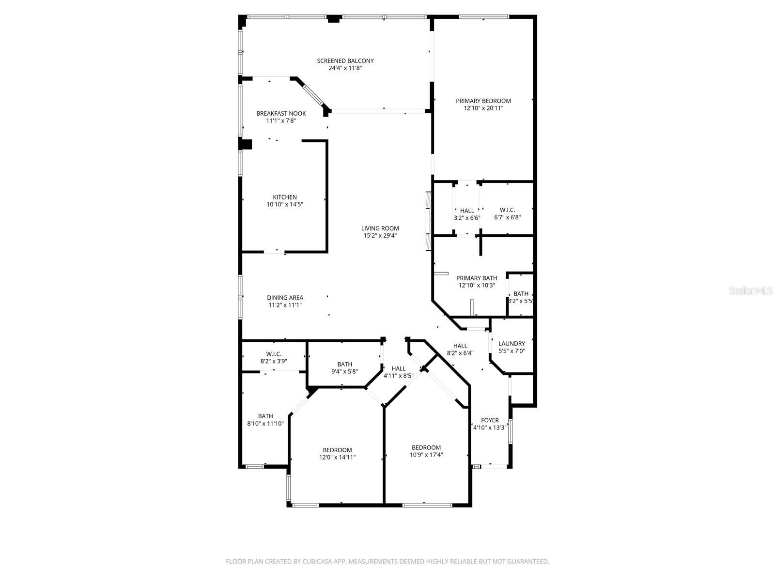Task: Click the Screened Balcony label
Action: pos(345,61)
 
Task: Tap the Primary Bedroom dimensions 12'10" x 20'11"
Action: pos(483,108)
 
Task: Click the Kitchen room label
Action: pos(285,197)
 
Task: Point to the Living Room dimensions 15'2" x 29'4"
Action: pos(380,236)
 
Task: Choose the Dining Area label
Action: pos(285,298)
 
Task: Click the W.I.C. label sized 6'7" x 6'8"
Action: pos(507,210)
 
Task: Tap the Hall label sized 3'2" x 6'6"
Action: pos(467,211)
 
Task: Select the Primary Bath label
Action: pos(477,278)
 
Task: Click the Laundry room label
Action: pos(511,344)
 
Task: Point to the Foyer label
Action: pos(490,420)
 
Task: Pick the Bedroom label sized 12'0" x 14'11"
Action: pos(337,450)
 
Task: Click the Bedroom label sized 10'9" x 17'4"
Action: pos(426,447)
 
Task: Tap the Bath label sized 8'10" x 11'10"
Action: pos(265,416)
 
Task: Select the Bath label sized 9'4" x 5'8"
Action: pos(345,364)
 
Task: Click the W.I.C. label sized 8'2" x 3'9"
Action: pos(274,354)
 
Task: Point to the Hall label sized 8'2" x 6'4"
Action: pos(460,346)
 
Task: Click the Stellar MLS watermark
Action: pos(751,291)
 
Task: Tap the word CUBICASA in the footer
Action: pos(315,562)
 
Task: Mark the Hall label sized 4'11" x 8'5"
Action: pos(399,368)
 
